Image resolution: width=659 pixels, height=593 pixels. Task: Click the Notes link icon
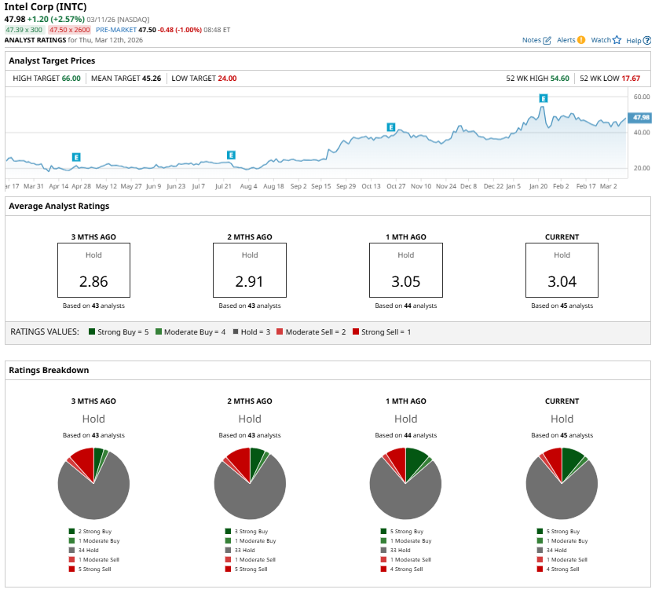[547, 40]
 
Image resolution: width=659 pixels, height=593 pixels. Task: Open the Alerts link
[571, 40]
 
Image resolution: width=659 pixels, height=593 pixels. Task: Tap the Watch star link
[606, 40]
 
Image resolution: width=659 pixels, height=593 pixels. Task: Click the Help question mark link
[638, 40]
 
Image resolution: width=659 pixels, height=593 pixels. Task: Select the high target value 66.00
[71, 78]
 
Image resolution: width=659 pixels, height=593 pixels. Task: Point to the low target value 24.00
[227, 78]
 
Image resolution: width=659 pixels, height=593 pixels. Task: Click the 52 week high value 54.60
[559, 78]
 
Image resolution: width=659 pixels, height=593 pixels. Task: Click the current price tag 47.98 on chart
[640, 117]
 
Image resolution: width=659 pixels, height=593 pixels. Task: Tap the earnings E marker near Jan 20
[543, 98]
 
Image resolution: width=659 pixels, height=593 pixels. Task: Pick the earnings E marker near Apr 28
[76, 157]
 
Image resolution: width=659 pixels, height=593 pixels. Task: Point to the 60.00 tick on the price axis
[640, 97]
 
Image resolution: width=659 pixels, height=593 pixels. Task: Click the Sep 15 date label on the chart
[321, 186]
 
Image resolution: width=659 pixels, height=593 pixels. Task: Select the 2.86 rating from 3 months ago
[93, 281]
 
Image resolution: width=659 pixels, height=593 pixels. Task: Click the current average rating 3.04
[562, 281]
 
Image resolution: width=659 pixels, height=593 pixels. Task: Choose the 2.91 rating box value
[250, 281]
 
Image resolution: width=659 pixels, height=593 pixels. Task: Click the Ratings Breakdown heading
[49, 370]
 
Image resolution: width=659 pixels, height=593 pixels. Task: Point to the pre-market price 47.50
[148, 29]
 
